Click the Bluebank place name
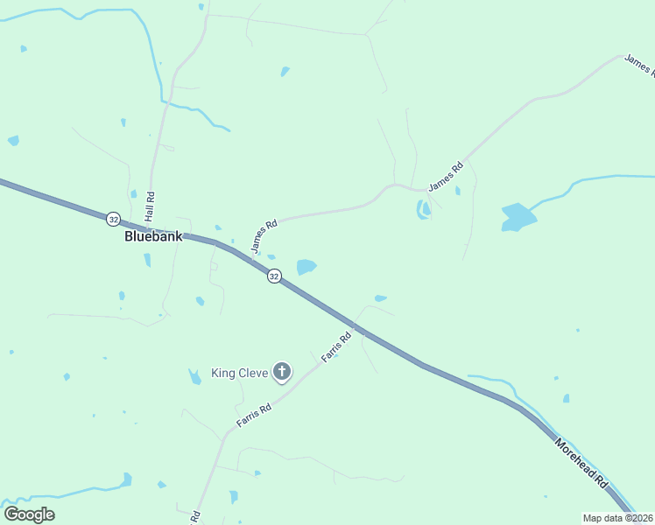pos(153,236)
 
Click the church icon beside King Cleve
pos(282,373)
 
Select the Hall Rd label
pos(151,206)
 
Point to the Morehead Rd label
pos(581,462)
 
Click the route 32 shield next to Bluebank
pos(113,218)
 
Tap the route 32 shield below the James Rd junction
pos(274,276)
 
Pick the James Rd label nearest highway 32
pos(264,236)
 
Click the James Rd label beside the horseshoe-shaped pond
pos(445,178)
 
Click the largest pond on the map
pos(518,217)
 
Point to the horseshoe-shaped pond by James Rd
pos(424,210)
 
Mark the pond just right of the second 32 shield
pos(306,267)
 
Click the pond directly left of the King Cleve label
pos(194,377)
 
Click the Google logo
pos(29,514)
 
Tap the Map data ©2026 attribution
pos(617,518)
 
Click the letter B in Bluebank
pos(130,236)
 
